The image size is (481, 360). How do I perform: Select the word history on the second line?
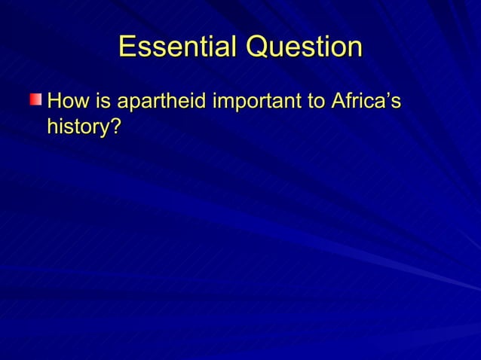click(x=78, y=127)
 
